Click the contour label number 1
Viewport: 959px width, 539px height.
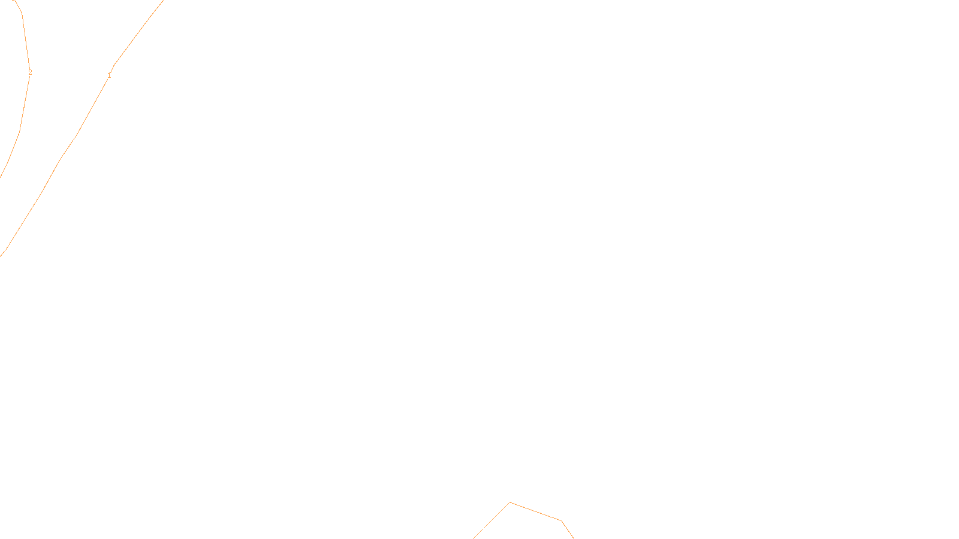pyautogui.click(x=109, y=75)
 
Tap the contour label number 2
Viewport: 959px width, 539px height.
pyautogui.click(x=30, y=72)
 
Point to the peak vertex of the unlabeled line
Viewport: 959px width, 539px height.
pyautogui.click(x=510, y=502)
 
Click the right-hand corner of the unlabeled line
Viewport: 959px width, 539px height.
pyautogui.click(x=561, y=520)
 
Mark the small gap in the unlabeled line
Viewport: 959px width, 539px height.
pyautogui.click(x=483, y=529)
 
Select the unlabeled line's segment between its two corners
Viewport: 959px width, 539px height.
pyautogui.click(x=535, y=511)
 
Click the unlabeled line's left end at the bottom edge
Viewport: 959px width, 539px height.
pyautogui.click(x=473, y=538)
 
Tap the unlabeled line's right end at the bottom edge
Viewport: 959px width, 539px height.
pyautogui.click(x=574, y=538)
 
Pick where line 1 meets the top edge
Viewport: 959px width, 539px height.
pyautogui.click(x=164, y=1)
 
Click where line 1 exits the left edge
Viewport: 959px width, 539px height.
pyautogui.click(x=1, y=256)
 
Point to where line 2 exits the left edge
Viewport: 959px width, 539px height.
pyautogui.click(x=1, y=177)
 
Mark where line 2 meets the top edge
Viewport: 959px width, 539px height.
pyautogui.click(x=13, y=1)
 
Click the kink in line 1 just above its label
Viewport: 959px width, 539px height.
pyautogui.click(x=114, y=65)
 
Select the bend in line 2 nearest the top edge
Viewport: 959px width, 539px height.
pyautogui.click(x=22, y=13)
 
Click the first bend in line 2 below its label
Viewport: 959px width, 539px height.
pyautogui.click(x=19, y=132)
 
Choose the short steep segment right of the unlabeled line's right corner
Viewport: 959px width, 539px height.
pyautogui.click(x=567, y=529)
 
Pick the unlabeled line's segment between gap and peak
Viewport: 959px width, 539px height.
pyautogui.click(x=497, y=515)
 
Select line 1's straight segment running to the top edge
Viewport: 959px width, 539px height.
pyautogui.click(x=138, y=32)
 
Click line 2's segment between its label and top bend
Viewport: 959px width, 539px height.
pyautogui.click(x=25, y=41)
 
